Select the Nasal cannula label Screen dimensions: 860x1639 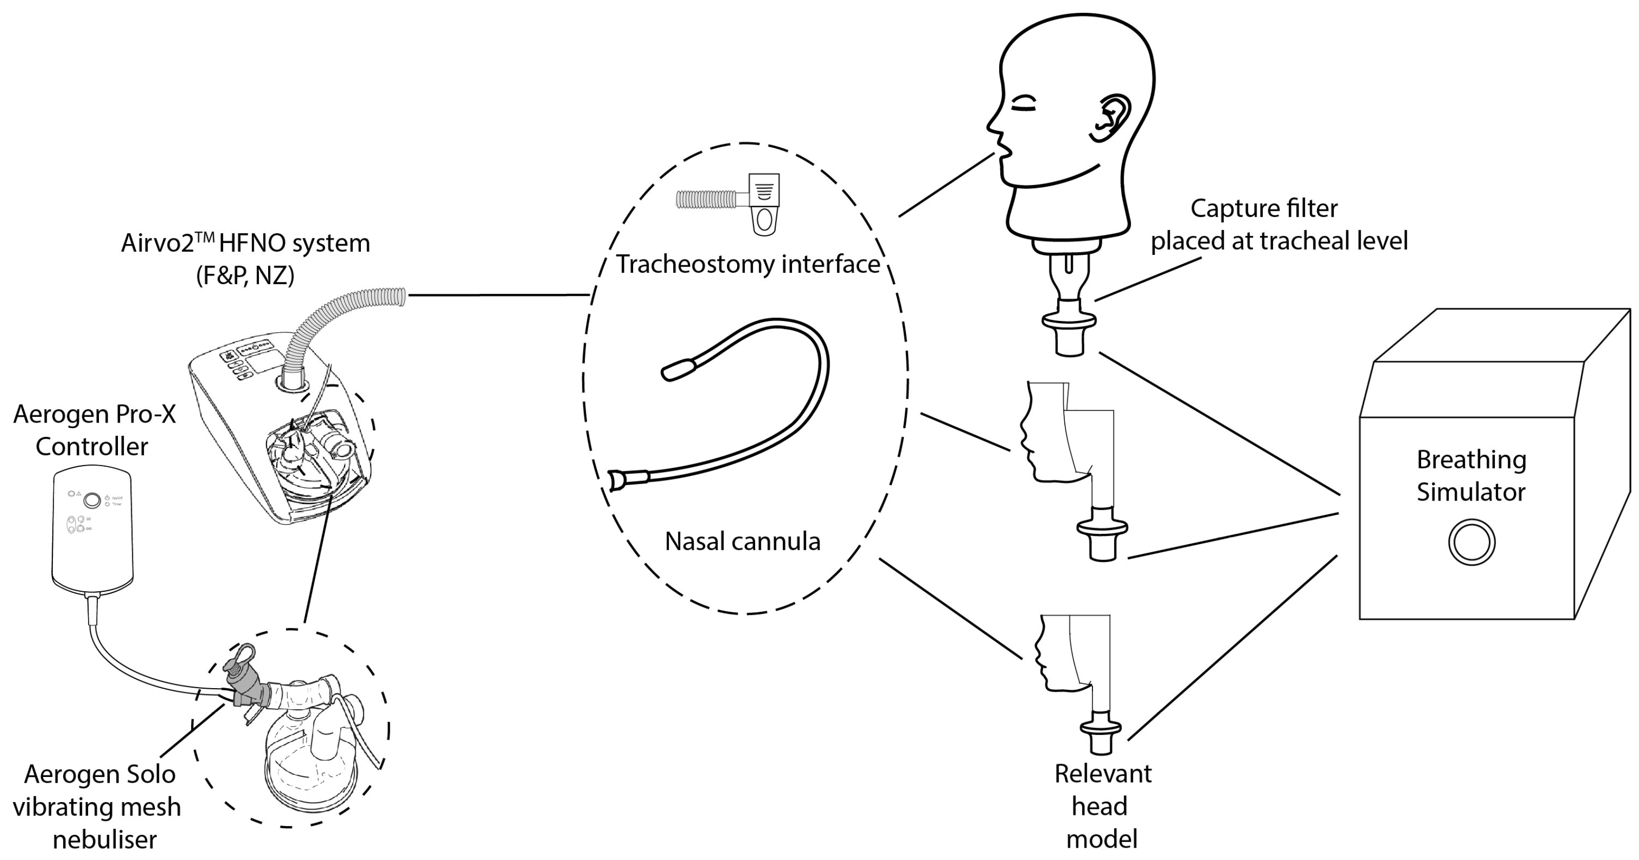click(x=742, y=541)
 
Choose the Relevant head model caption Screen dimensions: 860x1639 click(x=1103, y=806)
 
